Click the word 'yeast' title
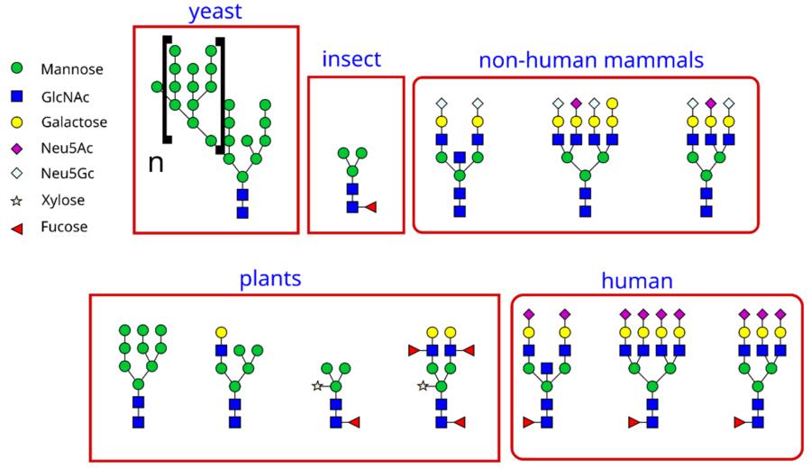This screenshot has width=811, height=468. click(215, 12)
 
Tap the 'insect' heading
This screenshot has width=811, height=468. click(351, 60)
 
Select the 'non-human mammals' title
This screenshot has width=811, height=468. click(591, 60)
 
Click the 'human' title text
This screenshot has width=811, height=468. click(637, 281)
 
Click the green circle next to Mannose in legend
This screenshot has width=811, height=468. click(16, 68)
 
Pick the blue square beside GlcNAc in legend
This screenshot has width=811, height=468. click(16, 94)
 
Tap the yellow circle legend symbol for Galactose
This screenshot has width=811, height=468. click(16, 121)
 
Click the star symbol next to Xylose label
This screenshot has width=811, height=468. click(16, 201)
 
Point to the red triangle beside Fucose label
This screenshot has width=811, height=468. click(16, 227)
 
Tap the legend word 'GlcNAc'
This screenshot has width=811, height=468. click(64, 95)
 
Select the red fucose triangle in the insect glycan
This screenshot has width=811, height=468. click(370, 208)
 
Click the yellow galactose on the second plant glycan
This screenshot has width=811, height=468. click(220, 332)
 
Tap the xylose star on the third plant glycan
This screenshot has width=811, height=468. click(316, 386)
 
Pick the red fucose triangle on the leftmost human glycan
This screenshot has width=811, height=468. click(528, 422)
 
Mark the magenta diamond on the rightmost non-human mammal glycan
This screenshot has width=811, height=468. click(711, 103)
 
